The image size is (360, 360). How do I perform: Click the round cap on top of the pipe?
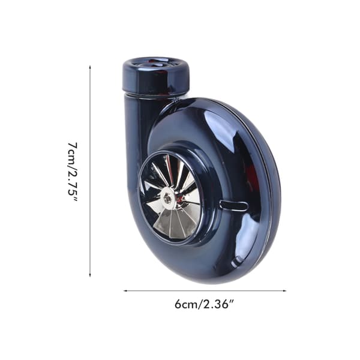[x=156, y=75]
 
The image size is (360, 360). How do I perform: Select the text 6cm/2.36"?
[x=204, y=304]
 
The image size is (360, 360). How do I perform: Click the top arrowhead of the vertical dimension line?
[x=90, y=67]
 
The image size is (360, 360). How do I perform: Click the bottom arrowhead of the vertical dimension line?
[x=90, y=275]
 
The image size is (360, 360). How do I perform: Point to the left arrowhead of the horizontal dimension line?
[x=125, y=290]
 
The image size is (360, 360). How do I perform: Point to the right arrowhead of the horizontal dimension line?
[x=284, y=290]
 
